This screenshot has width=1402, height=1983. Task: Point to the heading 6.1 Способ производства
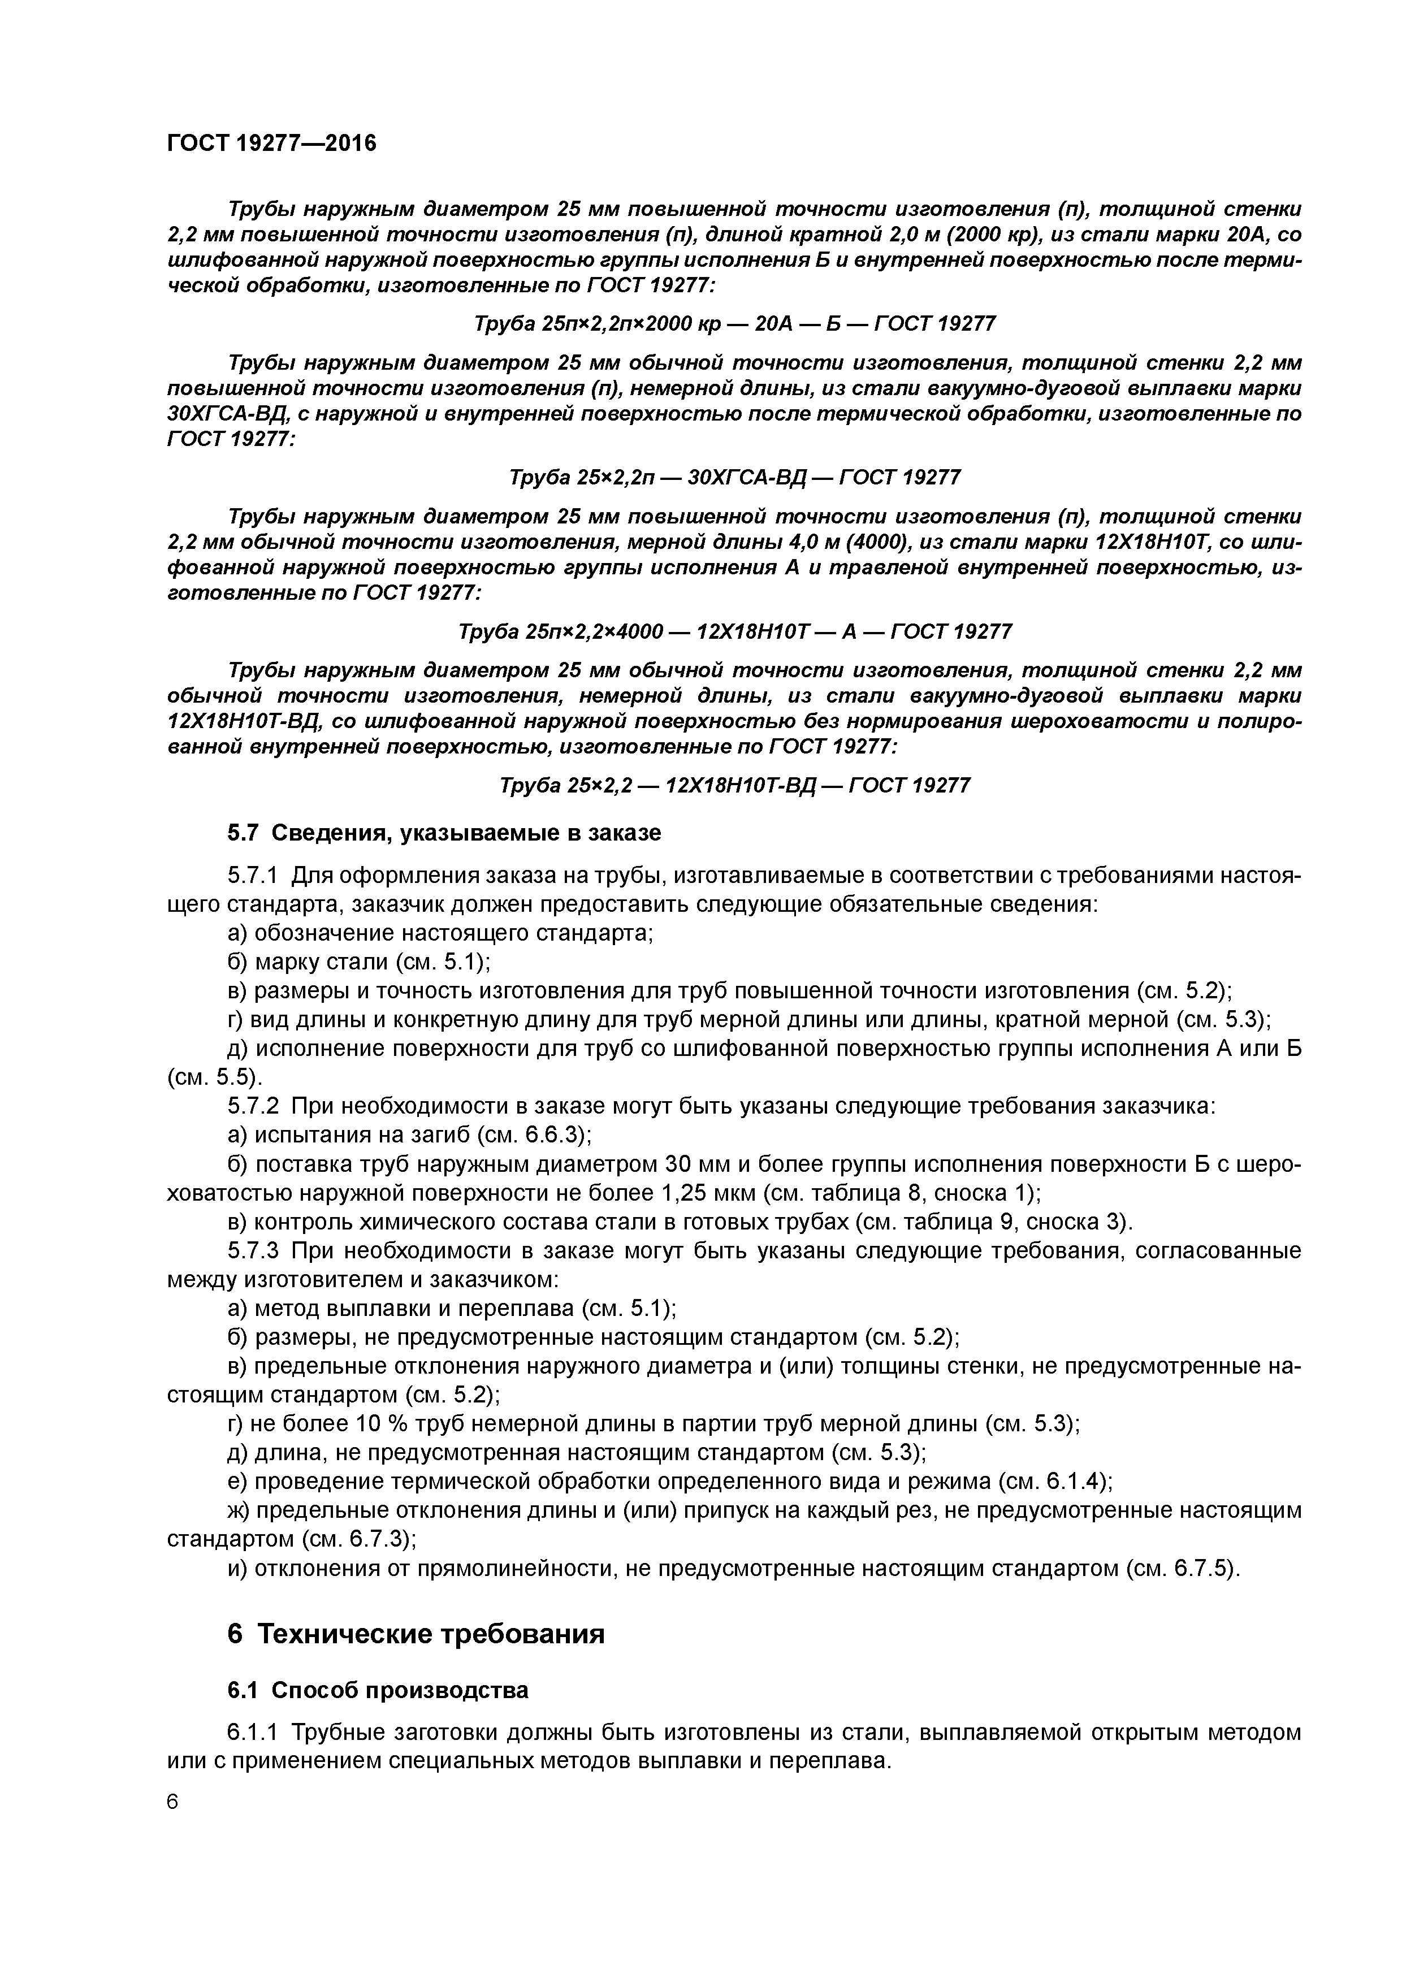point(378,1690)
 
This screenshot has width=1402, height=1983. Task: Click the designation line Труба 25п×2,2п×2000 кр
point(734,324)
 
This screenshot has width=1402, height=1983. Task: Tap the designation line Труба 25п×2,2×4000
point(734,632)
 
